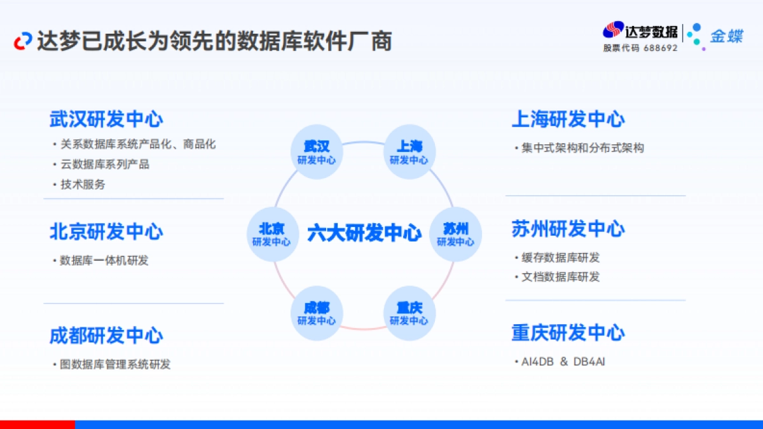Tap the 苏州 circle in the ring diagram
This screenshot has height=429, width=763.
[x=455, y=235]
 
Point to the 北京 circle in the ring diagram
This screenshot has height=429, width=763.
[x=272, y=235]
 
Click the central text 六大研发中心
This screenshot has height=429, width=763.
[x=364, y=233]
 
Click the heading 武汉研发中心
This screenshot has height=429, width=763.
[x=106, y=119]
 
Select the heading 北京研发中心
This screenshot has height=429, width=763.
[x=106, y=232]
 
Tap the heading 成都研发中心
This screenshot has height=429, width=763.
[x=106, y=336]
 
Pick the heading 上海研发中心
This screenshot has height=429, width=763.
[x=568, y=119]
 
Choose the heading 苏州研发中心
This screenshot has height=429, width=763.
[x=568, y=229]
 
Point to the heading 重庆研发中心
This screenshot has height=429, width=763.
[x=568, y=332]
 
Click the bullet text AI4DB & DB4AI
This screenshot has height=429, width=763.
[x=563, y=362]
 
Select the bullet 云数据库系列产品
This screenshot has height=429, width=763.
[x=105, y=164]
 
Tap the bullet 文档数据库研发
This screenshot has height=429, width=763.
[x=560, y=277]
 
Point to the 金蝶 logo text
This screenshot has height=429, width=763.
[x=726, y=36]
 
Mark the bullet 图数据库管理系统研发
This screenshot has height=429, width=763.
[x=115, y=364]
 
